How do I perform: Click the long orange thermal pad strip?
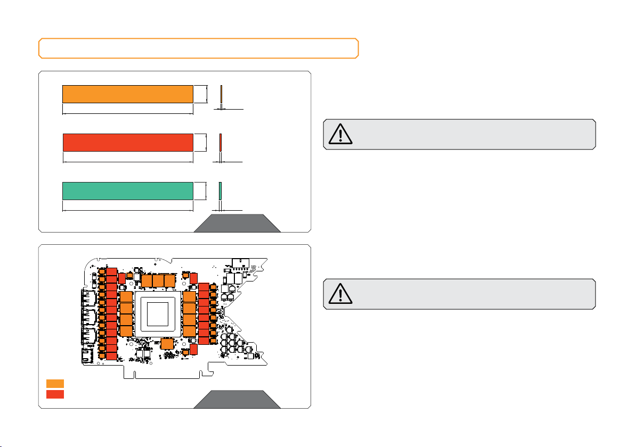127,94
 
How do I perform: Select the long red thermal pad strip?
127,143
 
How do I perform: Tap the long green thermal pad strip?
127,191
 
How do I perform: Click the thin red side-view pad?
221,144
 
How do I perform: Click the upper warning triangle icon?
340,135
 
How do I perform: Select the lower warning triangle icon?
340,294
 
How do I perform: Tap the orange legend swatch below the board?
55,383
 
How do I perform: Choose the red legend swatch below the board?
55,394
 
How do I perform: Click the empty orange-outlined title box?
198,48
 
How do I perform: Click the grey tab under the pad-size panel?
237,223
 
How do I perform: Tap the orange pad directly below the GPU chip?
167,344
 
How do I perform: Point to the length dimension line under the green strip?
127,210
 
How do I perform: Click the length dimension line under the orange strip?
127,113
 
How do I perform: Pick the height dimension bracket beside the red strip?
205,143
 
